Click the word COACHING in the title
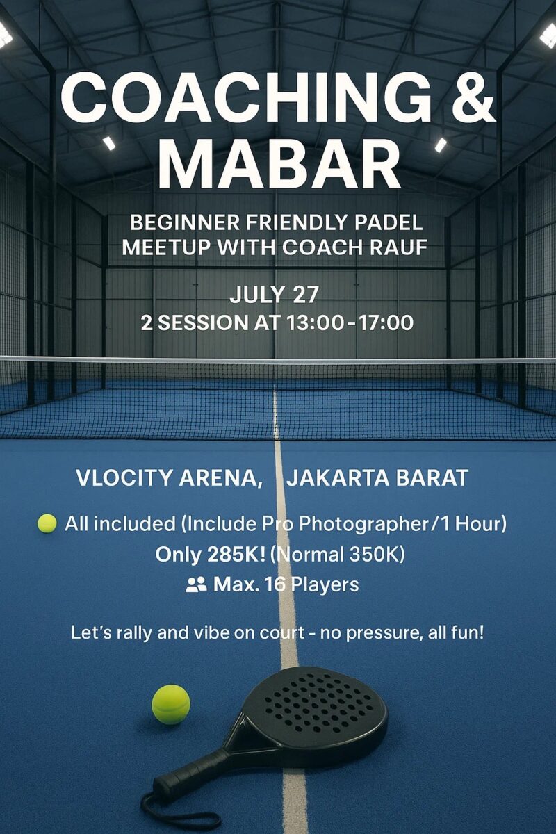click(x=247, y=97)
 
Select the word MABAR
click(x=279, y=163)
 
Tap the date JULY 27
click(x=274, y=294)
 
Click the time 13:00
click(x=315, y=322)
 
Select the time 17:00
click(x=386, y=322)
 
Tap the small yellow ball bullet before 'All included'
click(x=47, y=523)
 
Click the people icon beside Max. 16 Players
click(x=196, y=584)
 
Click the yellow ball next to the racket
click(x=171, y=705)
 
